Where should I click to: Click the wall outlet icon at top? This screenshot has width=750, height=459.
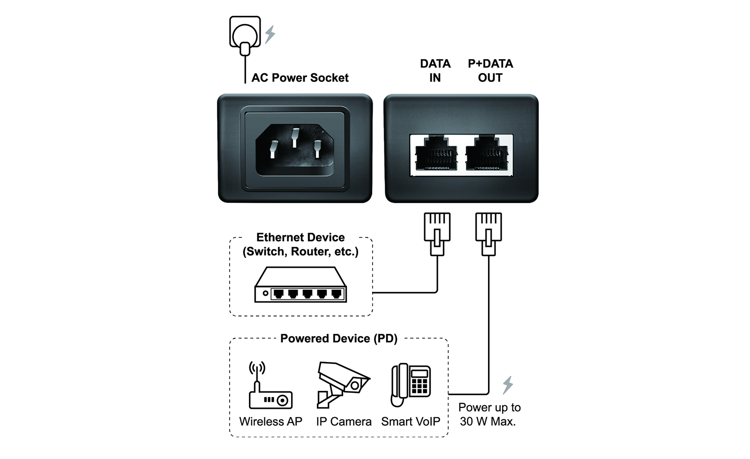[245, 33]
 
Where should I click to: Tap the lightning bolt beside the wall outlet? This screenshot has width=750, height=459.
[270, 35]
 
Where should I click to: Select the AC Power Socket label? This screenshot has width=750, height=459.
[300, 78]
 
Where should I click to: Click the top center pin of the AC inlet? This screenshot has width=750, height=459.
[295, 137]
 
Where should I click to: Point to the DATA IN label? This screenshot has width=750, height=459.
[435, 71]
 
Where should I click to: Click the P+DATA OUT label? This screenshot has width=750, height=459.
[490, 71]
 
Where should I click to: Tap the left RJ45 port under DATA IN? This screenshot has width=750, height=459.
[436, 154]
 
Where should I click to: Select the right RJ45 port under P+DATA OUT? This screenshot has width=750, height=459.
[487, 154]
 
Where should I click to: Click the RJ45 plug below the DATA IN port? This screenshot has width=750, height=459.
[437, 233]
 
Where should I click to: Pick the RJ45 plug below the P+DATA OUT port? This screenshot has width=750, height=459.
[488, 233]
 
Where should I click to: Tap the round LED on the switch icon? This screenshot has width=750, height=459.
[265, 293]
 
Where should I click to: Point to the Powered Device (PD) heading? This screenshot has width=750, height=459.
[338, 339]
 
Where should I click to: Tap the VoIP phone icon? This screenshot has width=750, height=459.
[411, 385]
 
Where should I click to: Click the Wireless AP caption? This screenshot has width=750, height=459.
[270, 421]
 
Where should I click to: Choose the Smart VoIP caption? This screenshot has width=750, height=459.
[411, 421]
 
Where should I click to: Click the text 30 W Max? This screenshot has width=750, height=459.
[487, 421]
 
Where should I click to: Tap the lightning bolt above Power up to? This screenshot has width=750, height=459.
[508, 385]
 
